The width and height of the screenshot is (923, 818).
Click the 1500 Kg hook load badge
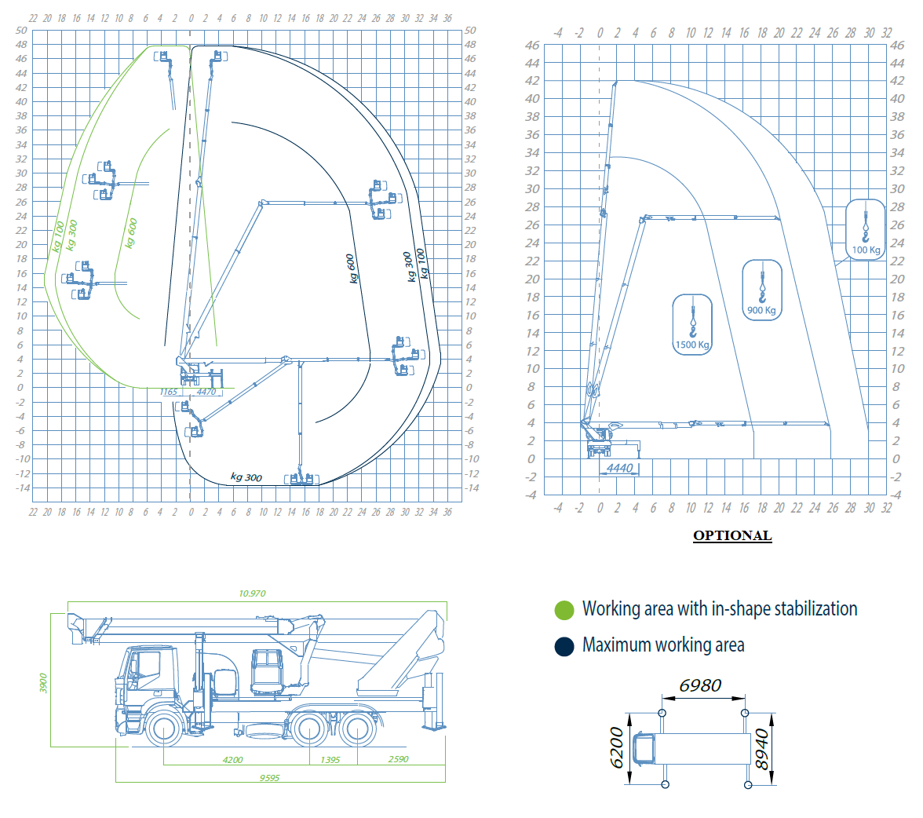click(x=692, y=324)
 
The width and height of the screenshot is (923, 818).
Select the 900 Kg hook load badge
click(x=762, y=290)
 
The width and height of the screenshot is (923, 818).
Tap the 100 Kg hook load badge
click(x=865, y=229)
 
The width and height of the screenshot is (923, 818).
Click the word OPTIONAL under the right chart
click(x=732, y=535)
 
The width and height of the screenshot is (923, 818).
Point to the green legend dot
click(x=564, y=610)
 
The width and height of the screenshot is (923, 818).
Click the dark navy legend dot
click(x=564, y=646)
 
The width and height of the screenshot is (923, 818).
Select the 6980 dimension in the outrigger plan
click(x=700, y=685)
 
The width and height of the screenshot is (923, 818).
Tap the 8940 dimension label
click(x=761, y=749)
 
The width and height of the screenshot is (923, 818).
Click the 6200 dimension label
click(x=616, y=748)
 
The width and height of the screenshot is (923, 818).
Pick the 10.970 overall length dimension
click(x=252, y=593)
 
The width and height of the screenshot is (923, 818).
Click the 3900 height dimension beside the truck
click(x=43, y=683)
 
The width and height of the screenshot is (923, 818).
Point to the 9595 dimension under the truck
click(x=270, y=778)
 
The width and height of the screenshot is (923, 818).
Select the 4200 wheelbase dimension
click(x=232, y=760)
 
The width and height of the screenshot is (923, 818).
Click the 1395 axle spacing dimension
click(x=330, y=760)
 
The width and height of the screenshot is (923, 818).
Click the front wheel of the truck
click(x=163, y=729)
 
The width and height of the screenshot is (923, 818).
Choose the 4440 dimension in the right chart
click(x=620, y=468)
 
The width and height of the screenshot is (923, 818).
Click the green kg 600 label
click(x=131, y=233)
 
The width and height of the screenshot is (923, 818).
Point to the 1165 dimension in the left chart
click(x=168, y=393)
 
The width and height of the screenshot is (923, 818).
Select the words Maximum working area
click(x=663, y=645)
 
